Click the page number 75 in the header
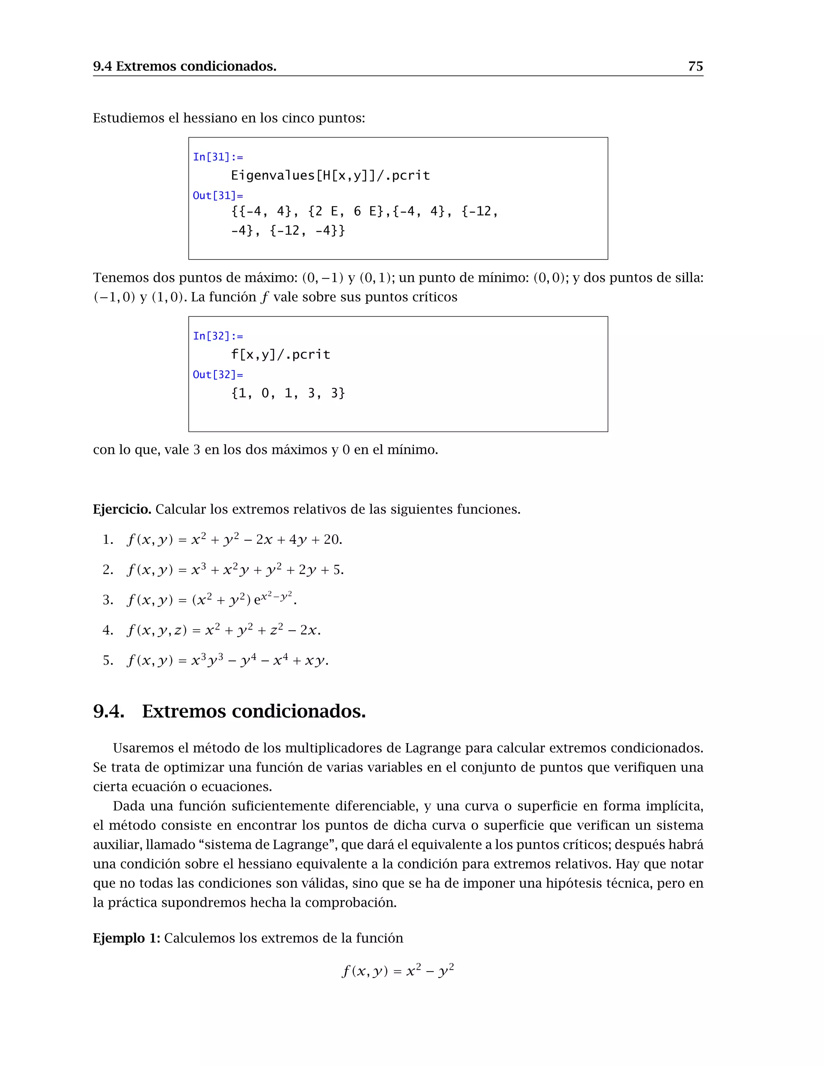point(695,66)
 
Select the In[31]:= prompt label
point(218,157)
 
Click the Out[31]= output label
point(218,196)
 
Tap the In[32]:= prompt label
point(218,336)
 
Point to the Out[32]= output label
point(218,375)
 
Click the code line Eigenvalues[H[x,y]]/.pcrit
point(330,176)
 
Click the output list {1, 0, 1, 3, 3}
point(288,393)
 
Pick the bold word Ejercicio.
point(122,510)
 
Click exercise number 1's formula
point(234,539)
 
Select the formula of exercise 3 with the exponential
point(211,599)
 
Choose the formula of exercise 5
point(227,661)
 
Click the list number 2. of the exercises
point(108,570)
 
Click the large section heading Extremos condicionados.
point(254,711)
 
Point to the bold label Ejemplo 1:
point(126,938)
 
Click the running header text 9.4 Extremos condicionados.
point(185,66)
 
